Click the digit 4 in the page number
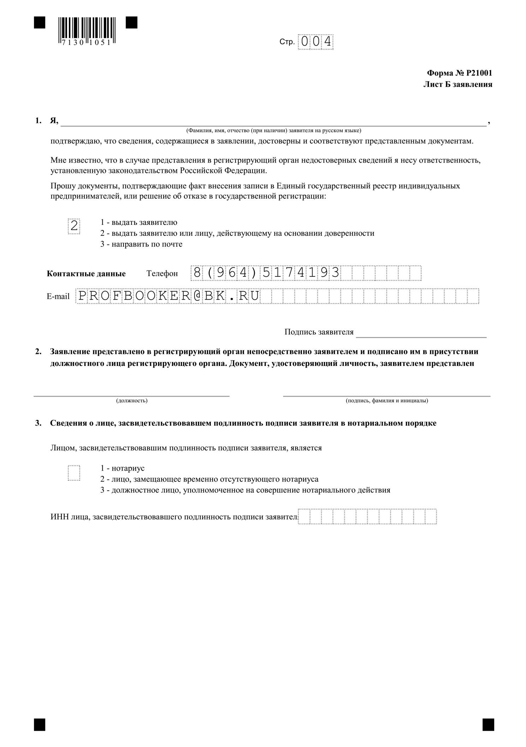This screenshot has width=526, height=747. click(x=328, y=42)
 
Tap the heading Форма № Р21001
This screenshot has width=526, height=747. click(x=459, y=73)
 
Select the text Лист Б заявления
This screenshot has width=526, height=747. click(x=458, y=84)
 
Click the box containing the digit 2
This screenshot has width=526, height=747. click(x=74, y=226)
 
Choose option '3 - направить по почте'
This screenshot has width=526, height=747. click(x=141, y=244)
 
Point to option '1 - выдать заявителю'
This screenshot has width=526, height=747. click(x=139, y=222)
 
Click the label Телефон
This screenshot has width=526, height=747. click(x=162, y=274)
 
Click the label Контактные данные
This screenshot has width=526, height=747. click(x=86, y=274)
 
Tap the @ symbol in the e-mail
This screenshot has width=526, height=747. click(x=197, y=296)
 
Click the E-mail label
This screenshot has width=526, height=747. click(x=58, y=296)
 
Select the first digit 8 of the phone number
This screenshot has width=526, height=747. click(x=197, y=273)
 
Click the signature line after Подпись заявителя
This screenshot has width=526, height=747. click(x=421, y=334)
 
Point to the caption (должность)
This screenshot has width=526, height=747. click(x=132, y=401)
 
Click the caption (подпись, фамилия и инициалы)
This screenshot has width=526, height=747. click(x=387, y=401)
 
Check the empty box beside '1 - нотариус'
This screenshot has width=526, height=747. click(x=74, y=473)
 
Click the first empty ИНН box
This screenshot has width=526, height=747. click(x=304, y=517)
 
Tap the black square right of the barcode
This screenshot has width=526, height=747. click(x=132, y=23)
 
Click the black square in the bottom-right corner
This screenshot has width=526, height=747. click(x=488, y=724)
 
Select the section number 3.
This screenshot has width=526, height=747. click(x=38, y=423)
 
